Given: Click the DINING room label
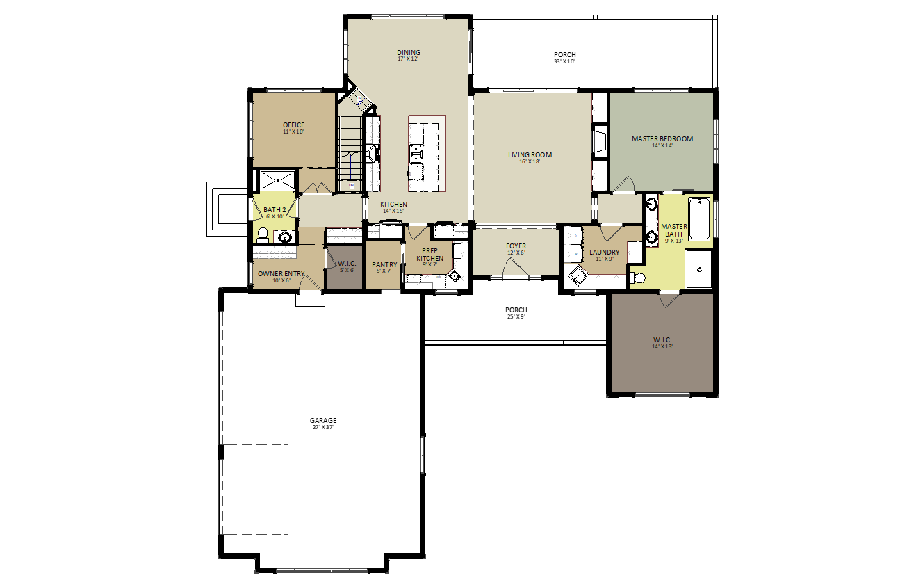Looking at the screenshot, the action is coord(408,52).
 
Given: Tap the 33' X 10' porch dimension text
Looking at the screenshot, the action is coord(564,61).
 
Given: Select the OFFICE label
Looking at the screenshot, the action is coord(293,125).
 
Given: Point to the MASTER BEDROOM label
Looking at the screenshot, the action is coord(662,138).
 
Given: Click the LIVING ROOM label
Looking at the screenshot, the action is coord(530,155).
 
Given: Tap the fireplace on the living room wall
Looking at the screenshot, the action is coord(600,140).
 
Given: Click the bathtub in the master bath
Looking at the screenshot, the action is coord(699,219).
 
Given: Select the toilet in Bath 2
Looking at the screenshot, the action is coord(263,236).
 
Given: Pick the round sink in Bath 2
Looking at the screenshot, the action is coord(285,238).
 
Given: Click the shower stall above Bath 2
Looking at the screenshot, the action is coord(277,180).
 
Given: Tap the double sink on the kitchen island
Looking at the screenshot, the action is coord(416,154).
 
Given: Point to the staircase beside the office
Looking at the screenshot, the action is coord(351,154).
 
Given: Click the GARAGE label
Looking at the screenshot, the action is coord(323,421).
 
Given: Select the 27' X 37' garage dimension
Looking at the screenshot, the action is coord(323,427).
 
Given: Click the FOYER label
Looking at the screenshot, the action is coord(516,246).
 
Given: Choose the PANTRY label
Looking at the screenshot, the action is coord(384,264).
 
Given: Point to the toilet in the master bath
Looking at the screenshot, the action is coord(637,278).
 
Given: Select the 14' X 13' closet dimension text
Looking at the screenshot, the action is coord(662,346).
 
